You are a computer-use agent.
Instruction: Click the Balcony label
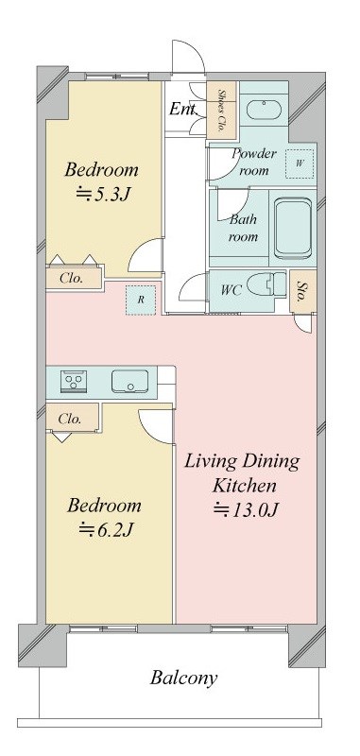pyautogui.click(x=183, y=678)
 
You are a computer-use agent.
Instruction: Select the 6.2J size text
pyautogui.click(x=106, y=529)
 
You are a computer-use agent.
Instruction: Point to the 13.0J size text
pyautogui.click(x=246, y=509)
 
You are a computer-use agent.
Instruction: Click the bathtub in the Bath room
pyautogui.click(x=293, y=229)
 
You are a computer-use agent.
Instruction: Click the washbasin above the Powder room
pyautogui.click(x=264, y=110)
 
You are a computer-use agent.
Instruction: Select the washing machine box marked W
pyautogui.click(x=300, y=163)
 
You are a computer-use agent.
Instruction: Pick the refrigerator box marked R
pyautogui.click(x=141, y=300)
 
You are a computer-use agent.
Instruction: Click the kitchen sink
pyautogui.click(x=129, y=382)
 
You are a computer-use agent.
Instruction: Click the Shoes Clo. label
pyautogui.click(x=222, y=112)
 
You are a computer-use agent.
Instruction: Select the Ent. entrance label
pyautogui.click(x=183, y=109)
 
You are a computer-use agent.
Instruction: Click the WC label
pyautogui.click(x=231, y=290)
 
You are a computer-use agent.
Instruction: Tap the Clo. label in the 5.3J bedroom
pyautogui.click(x=72, y=278)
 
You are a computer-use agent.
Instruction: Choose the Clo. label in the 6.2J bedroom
pyautogui.click(x=70, y=419)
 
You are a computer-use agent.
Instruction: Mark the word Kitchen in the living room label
pyautogui.click(x=245, y=485)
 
